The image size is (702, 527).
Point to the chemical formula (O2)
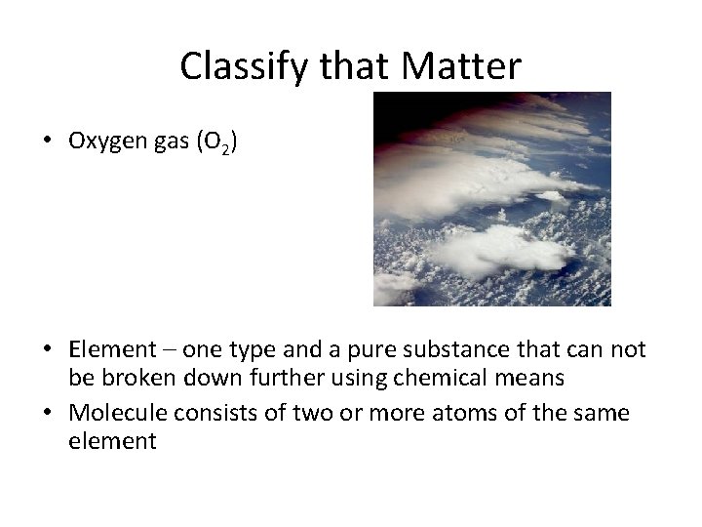(x=215, y=142)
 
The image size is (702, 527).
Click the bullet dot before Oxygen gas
(x=48, y=141)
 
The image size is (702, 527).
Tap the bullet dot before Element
(x=48, y=349)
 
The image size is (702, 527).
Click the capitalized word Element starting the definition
(x=112, y=349)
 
